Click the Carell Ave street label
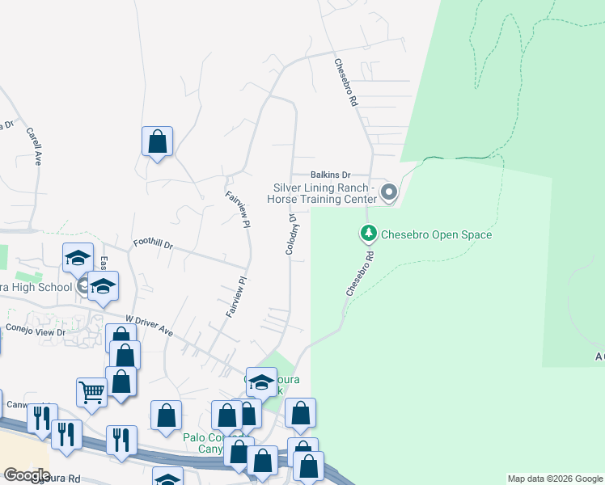pyautogui.click(x=33, y=145)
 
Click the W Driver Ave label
pyautogui.click(x=150, y=327)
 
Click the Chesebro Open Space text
pyautogui.click(x=436, y=235)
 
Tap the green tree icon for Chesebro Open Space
pyautogui.click(x=368, y=234)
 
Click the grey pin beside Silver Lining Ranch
pyautogui.click(x=389, y=192)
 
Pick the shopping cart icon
pyautogui.click(x=91, y=392)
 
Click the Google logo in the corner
pyautogui.click(x=27, y=475)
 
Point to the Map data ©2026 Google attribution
pyautogui.click(x=554, y=479)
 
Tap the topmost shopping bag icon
pyautogui.click(x=158, y=141)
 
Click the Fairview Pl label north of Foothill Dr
pyautogui.click(x=235, y=209)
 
